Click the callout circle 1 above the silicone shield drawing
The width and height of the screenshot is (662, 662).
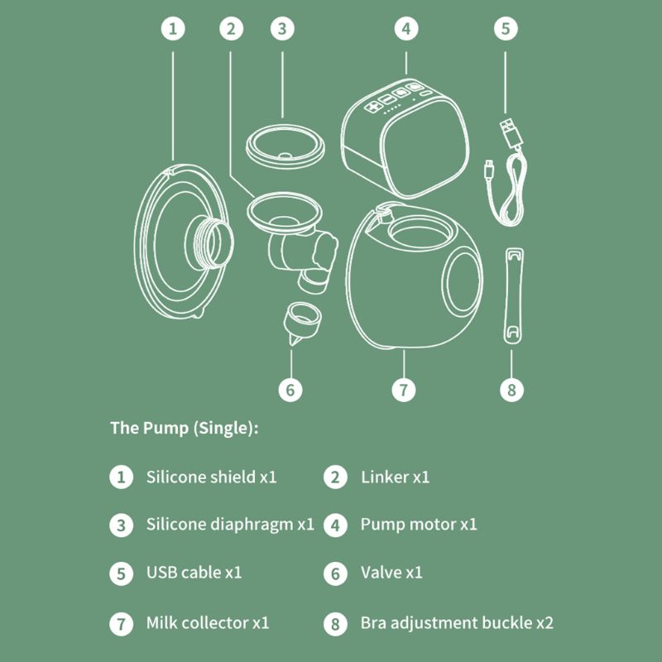173,28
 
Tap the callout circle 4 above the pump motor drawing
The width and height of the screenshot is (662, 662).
405,28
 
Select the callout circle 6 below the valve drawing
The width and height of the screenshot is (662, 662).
290,388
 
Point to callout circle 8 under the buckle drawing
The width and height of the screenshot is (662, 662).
512,388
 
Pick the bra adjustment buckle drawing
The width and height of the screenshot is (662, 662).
512,294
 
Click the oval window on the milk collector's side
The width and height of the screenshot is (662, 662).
463,281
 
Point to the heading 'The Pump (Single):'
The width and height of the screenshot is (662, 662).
184,429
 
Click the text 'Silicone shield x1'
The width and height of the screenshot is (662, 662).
211,477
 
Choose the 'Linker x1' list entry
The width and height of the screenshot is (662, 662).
395,477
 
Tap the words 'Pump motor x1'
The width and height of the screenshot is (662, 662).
419,524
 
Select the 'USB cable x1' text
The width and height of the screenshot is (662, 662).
194,572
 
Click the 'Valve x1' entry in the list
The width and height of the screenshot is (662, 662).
391,572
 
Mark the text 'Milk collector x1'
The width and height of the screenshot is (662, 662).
207,622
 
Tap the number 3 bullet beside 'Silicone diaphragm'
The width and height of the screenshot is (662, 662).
122,525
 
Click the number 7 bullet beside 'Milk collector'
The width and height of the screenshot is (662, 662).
122,623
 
